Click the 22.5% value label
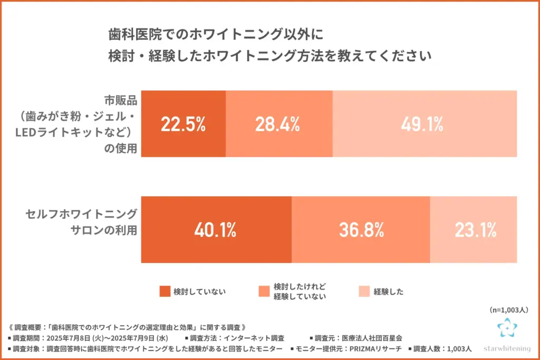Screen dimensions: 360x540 tap(183, 124)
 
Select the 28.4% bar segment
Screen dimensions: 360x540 tap(278, 124)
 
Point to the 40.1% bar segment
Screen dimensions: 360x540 tap(216, 230)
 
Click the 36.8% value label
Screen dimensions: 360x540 tap(361, 230)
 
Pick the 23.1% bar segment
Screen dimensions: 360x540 tap(473, 230)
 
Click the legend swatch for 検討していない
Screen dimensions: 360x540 tap(165, 291)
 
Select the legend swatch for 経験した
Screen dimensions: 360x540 tap(364, 291)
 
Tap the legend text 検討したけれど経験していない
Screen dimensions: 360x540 tap(300, 291)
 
